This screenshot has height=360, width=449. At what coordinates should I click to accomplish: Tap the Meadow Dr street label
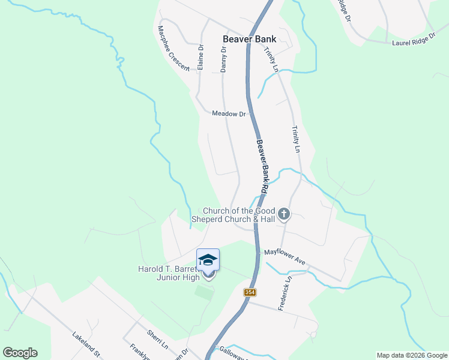(x=229, y=113)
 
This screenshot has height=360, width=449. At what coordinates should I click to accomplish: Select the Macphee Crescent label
(x=173, y=48)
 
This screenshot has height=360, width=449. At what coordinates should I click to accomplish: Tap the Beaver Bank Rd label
(x=262, y=166)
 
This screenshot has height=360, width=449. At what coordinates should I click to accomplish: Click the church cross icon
(x=284, y=213)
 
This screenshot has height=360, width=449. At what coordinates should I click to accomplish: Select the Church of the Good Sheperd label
(x=238, y=215)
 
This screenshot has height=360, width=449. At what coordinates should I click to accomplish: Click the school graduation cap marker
(x=208, y=259)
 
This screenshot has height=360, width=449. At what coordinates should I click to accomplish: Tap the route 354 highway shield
(x=250, y=292)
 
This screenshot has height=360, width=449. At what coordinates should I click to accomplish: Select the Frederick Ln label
(x=284, y=293)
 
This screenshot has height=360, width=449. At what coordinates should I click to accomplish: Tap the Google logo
(x=20, y=353)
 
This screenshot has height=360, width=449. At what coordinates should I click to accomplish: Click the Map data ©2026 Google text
(x=412, y=355)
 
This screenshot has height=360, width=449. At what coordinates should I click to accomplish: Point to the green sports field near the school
(x=204, y=293)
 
